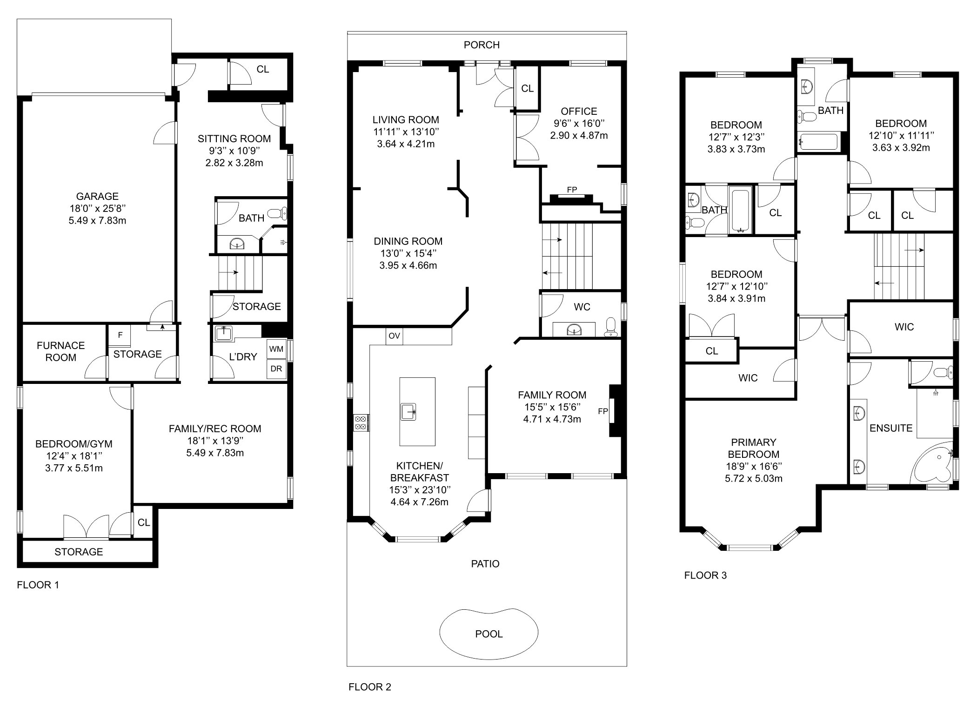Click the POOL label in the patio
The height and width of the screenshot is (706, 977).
488,634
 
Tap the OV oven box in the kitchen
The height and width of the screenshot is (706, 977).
394,336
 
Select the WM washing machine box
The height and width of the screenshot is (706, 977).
276,350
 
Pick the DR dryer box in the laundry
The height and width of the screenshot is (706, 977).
276,369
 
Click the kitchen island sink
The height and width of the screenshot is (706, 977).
408,411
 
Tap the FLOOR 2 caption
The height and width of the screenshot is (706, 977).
370,687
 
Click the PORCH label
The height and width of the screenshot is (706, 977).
482,45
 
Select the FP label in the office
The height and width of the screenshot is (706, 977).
572,190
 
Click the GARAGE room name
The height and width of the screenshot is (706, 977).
97,196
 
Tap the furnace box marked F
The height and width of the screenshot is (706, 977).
120,335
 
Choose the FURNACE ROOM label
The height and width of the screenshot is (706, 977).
61,351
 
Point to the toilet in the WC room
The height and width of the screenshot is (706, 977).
610,327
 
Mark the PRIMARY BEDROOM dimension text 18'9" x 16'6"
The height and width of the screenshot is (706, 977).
753,466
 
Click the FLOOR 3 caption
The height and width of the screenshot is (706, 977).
705,575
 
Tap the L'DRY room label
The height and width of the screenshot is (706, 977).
243,357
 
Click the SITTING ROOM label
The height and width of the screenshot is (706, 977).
234,139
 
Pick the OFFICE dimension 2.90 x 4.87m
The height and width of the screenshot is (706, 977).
579,136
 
